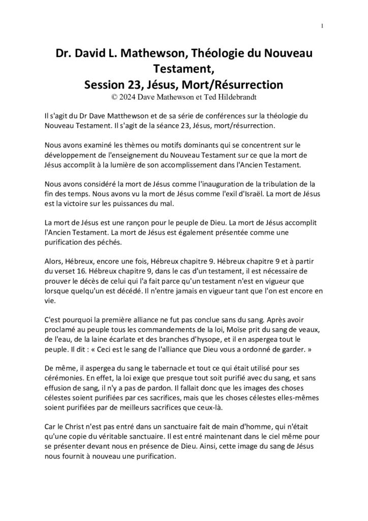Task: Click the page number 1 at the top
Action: (x=322, y=26)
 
